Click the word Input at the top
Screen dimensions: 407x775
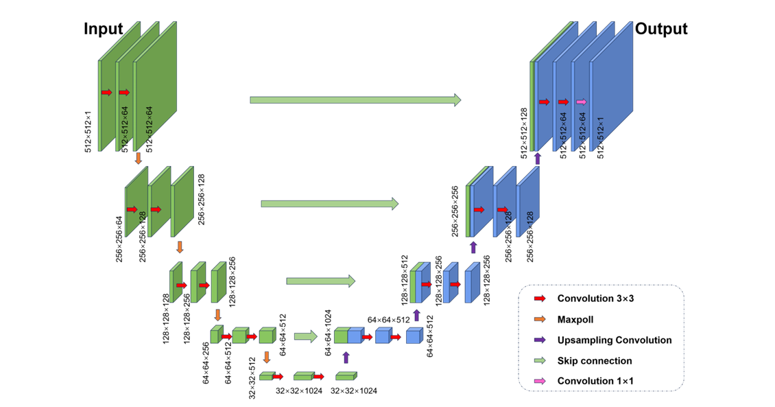click(104, 29)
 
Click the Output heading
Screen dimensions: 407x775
click(660, 29)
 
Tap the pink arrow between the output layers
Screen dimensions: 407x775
click(581, 102)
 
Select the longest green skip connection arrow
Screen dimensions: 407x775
click(355, 100)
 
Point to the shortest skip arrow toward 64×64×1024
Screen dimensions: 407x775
click(305, 336)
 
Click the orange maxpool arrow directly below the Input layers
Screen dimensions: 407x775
click(138, 158)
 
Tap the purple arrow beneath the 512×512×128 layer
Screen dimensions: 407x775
click(538, 159)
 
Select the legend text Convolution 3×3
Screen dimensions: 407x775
click(595, 299)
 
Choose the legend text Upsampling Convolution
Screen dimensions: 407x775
click(615, 340)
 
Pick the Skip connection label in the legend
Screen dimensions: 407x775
click(595, 360)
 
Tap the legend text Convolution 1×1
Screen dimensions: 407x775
click(595, 381)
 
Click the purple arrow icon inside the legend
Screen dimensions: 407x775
click(540, 340)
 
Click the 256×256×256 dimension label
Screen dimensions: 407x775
click(455, 211)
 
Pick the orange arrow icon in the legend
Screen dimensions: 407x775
click(540, 319)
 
